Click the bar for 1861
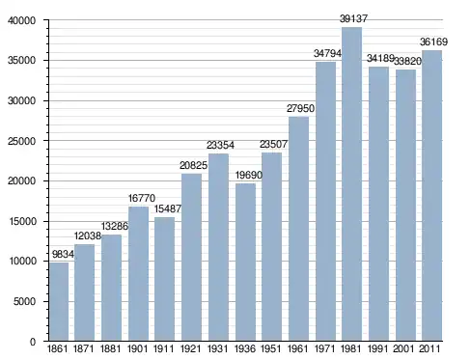pyautogui.click(x=59, y=302)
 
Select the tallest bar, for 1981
pyautogui.click(x=351, y=184)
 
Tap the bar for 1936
pyautogui.click(x=245, y=263)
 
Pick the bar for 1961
pyautogui.click(x=298, y=229)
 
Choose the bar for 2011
pyautogui.click(x=431, y=196)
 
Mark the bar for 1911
pyautogui.click(x=164, y=279)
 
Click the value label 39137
pyautogui.click(x=353, y=18)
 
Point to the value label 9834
pyautogui.click(x=63, y=254)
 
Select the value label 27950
pyautogui.click(x=300, y=108)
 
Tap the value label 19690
pyautogui.click(x=249, y=175)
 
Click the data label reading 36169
pyautogui.click(x=433, y=42)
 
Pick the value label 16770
pyautogui.click(x=142, y=198)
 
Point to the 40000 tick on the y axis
pyautogui.click(x=21, y=20)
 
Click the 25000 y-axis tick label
pyautogui.click(x=21, y=141)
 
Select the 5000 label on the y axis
pyautogui.click(x=24, y=301)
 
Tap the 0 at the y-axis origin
pyautogui.click(x=33, y=342)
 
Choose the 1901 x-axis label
pyautogui.click(x=137, y=348)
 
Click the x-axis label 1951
pyautogui.click(x=271, y=348)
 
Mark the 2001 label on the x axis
pyautogui.click(x=403, y=348)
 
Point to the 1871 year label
pyautogui.click(x=84, y=348)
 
